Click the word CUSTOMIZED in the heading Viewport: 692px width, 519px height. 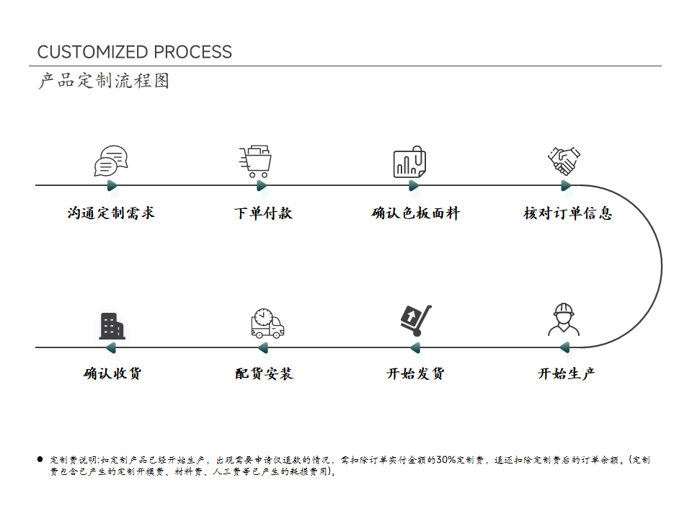point(94,52)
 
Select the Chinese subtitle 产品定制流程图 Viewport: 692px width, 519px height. point(104,81)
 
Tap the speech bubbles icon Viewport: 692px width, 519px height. point(111,161)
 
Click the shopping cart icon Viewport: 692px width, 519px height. point(255,161)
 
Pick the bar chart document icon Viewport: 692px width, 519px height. point(409,161)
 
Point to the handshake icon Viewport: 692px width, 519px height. point(564,161)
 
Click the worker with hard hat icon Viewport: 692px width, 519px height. point(564,319)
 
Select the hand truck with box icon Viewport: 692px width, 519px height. point(416,320)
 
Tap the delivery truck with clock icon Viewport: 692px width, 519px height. point(267,324)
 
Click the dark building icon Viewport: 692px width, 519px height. point(112,326)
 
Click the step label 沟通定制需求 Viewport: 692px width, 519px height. point(111,213)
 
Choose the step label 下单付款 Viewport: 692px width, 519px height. point(264,213)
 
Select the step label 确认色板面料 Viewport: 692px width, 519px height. point(416,213)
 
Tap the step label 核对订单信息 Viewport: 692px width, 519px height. point(568,213)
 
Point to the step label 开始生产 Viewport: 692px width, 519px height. point(567,374)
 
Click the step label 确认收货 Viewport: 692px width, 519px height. point(112,374)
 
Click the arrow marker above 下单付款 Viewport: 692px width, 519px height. point(262,186)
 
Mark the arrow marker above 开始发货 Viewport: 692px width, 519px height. point(415,347)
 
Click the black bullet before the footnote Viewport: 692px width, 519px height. point(40,459)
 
